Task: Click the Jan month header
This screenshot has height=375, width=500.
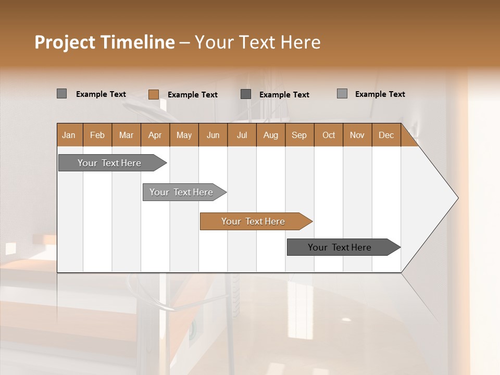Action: pos(69,135)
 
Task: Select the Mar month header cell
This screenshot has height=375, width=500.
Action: pos(126,135)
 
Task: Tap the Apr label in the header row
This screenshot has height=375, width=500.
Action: pos(155,135)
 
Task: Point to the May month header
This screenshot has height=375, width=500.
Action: pos(184,135)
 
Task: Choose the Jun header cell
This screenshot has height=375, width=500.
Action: pos(213,135)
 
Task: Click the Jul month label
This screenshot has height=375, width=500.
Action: pos(242,135)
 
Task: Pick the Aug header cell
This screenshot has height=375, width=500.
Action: pos(270,135)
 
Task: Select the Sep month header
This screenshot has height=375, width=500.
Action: pos(299,135)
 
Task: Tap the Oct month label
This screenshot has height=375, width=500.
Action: pos(329,135)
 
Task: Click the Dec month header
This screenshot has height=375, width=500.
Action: pos(386,135)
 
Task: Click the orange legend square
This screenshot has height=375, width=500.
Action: pos(153,94)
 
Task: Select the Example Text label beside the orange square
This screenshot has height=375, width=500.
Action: pos(193,95)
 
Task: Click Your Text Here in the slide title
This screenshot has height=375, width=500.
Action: pos(257,42)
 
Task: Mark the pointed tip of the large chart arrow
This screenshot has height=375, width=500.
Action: pos(457,198)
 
